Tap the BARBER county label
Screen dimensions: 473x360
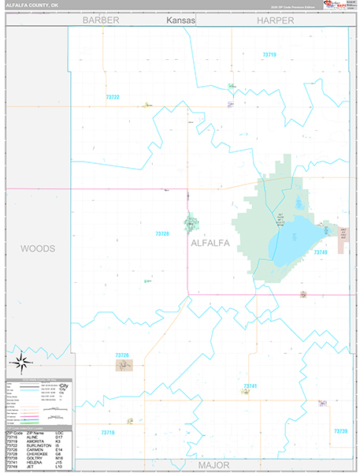(101, 20)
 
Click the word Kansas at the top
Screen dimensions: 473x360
(180, 20)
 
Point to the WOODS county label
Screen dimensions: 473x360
(37, 248)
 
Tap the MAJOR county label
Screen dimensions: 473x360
(213, 465)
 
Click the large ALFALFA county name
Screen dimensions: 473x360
(210, 244)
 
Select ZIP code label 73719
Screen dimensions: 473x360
(269, 54)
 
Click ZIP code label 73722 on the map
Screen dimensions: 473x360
(112, 97)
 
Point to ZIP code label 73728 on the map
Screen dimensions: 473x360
(162, 233)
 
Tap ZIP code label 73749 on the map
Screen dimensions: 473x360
(320, 252)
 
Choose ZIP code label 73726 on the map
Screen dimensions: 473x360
(122, 356)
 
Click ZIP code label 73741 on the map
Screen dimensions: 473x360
(250, 385)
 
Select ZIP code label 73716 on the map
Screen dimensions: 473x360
(108, 432)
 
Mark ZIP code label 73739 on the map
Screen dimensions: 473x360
(340, 430)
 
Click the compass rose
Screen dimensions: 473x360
(22, 362)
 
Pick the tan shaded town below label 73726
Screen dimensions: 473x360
(124, 365)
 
